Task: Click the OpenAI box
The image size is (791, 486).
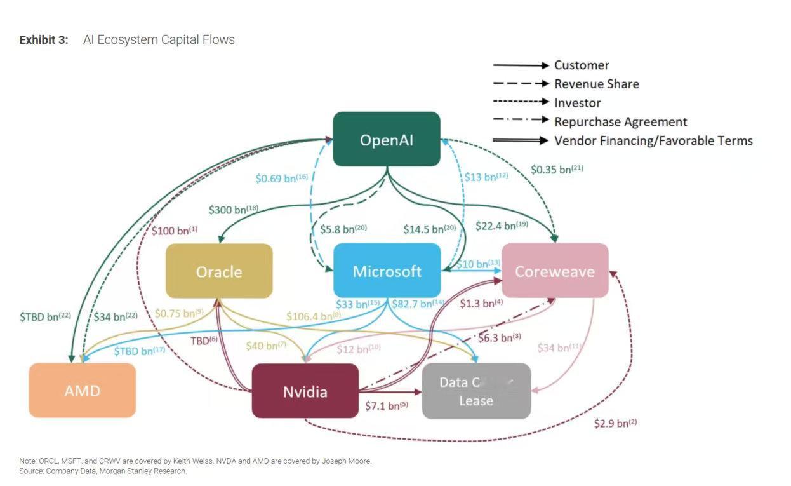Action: click(387, 139)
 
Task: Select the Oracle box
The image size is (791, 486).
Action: click(219, 271)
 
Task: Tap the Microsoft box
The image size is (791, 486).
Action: click(387, 271)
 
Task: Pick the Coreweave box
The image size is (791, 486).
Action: click(555, 271)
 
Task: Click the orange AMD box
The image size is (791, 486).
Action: click(83, 390)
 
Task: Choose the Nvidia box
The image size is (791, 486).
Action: click(305, 391)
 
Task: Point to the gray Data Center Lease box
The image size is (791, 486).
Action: click(476, 391)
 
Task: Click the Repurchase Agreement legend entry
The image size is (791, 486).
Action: click(620, 121)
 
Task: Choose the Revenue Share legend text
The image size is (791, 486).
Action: click(596, 84)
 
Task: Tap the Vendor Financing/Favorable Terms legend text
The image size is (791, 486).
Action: click(653, 140)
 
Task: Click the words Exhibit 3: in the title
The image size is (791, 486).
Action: click(44, 40)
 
